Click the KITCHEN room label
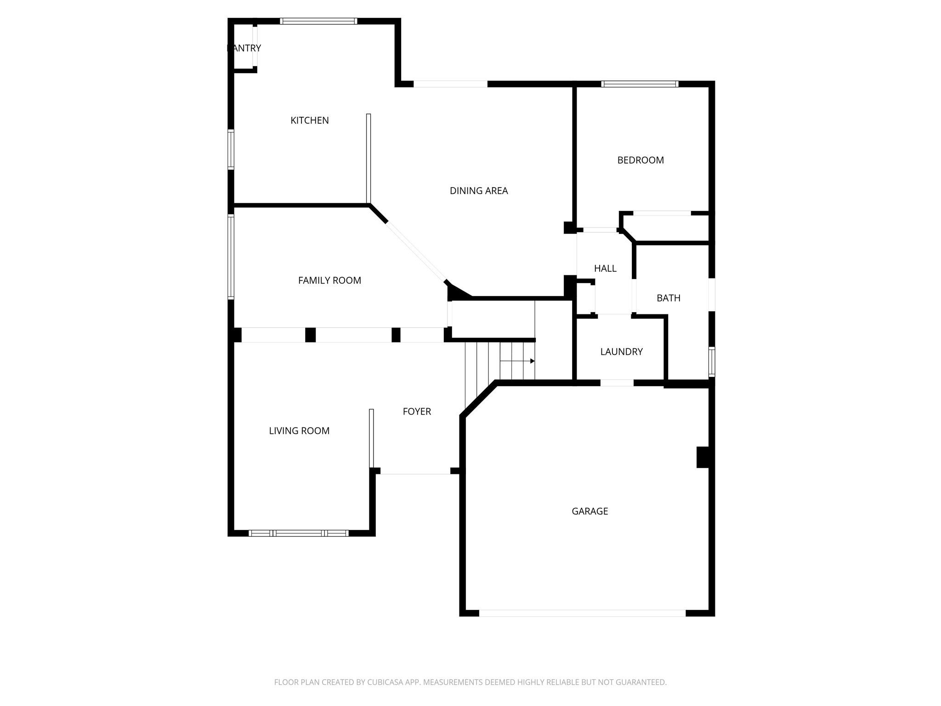[310, 120]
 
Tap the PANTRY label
[244, 48]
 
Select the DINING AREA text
[479, 191]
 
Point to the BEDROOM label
[641, 160]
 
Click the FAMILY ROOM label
[329, 280]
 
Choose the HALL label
[605, 268]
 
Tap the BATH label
[669, 298]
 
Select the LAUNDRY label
[621, 352]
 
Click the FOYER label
[417, 411]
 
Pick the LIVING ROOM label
[299, 431]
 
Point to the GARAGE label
[590, 511]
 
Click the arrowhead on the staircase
[532, 361]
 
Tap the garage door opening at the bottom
[582, 613]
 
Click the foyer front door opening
[415, 471]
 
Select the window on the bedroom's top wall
[640, 84]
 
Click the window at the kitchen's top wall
[318, 21]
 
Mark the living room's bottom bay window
[299, 533]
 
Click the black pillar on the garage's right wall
[703, 457]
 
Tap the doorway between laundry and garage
[617, 383]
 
